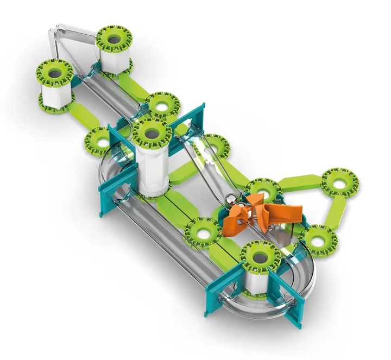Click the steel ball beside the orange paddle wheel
point(230,198)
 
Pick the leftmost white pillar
point(56,94)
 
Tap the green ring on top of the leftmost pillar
point(55,72)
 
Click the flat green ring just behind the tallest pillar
point(162,102)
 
